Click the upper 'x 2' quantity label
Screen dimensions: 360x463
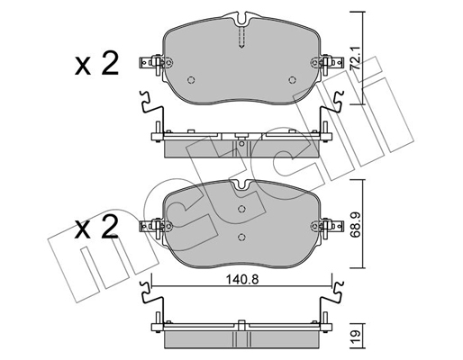click(x=96, y=65)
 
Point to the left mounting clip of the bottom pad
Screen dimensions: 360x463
click(x=154, y=225)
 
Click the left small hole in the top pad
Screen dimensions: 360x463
click(x=191, y=78)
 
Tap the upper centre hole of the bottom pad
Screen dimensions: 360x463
click(x=241, y=209)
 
